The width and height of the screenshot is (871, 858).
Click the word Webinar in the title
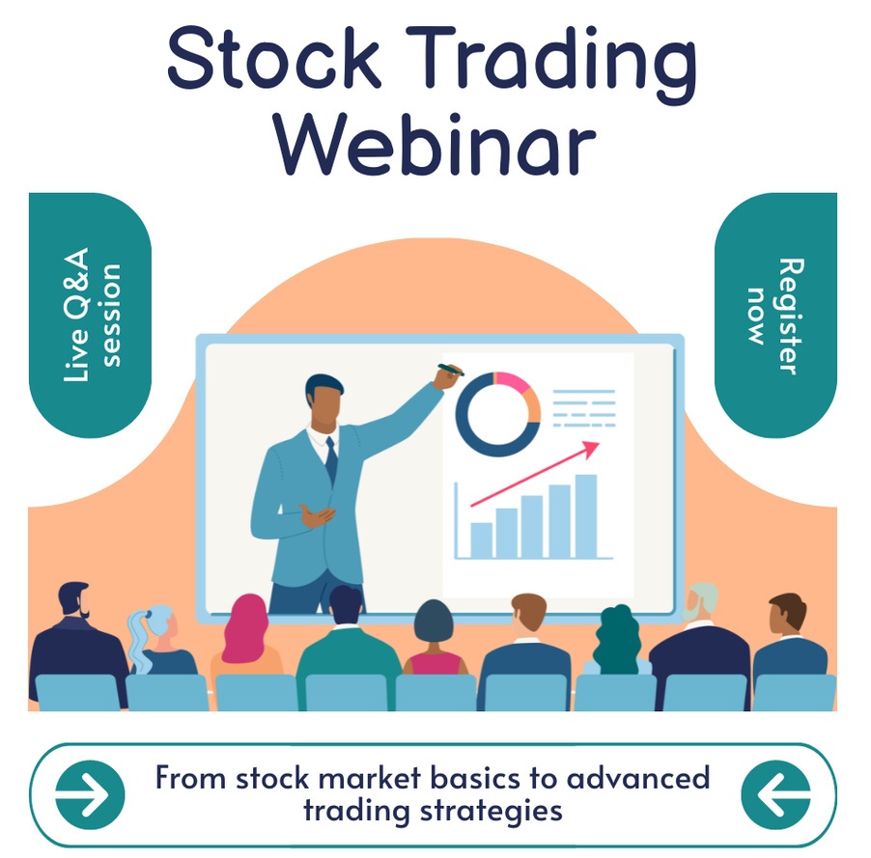click(x=436, y=145)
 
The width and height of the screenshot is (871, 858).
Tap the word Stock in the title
click(x=273, y=57)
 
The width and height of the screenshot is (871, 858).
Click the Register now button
click(x=775, y=315)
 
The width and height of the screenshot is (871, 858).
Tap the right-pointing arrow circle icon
click(x=90, y=794)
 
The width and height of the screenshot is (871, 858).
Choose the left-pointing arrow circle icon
click(x=775, y=794)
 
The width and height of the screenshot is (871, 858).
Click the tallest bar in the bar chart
click(x=586, y=516)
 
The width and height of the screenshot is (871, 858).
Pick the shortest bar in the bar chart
click(x=481, y=540)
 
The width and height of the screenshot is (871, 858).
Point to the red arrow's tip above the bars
click(x=600, y=443)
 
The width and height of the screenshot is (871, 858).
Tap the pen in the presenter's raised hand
click(x=451, y=369)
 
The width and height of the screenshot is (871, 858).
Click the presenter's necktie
click(x=331, y=458)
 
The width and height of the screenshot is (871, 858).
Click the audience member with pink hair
click(x=246, y=633)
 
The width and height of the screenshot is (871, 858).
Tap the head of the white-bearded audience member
click(x=700, y=601)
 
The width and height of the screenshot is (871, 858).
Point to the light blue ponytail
click(x=139, y=639)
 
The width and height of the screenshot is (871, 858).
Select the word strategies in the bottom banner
click(x=492, y=812)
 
